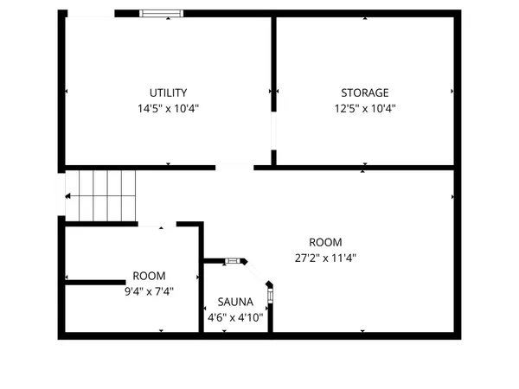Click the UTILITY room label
pyautogui.click(x=168, y=92)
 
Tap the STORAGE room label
pyautogui.click(x=364, y=92)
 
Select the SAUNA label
pyautogui.click(x=235, y=303)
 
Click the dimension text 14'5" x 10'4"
pyautogui.click(x=168, y=109)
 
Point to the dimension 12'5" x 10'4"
pyautogui.click(x=364, y=109)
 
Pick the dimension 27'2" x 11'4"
pyautogui.click(x=325, y=258)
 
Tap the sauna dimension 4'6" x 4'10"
pyautogui.click(x=235, y=317)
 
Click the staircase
pyautogui.click(x=104, y=195)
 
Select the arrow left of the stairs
pyautogui.click(x=67, y=196)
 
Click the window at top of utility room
pyautogui.click(x=163, y=14)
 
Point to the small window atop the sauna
pyautogui.click(x=232, y=259)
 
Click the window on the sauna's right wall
pyautogui.click(x=271, y=297)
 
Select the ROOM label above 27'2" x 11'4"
pyautogui.click(x=325, y=242)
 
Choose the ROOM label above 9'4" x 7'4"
pyautogui.click(x=149, y=276)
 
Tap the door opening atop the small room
pyautogui.click(x=157, y=224)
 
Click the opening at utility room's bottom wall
pyautogui.click(x=234, y=168)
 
